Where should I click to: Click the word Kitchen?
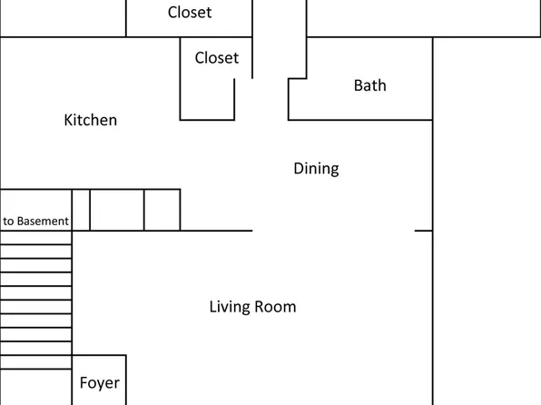pyautogui.click(x=90, y=120)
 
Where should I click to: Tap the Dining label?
pyautogui.click(x=316, y=169)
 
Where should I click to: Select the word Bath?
pyautogui.click(x=369, y=85)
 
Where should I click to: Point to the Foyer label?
pyautogui.click(x=99, y=383)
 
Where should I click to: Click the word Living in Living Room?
pyautogui.click(x=231, y=307)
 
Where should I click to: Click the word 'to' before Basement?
pyautogui.click(x=9, y=221)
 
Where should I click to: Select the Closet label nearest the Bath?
pyautogui.click(x=217, y=58)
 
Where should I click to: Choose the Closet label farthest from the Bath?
pyautogui.click(x=190, y=13)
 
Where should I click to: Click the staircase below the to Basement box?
pyautogui.click(x=35, y=300)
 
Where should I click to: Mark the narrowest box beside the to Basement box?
pyautogui.click(x=81, y=210)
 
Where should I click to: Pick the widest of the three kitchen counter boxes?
pyautogui.click(x=117, y=210)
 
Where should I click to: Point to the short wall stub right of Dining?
pyautogui.click(x=423, y=231)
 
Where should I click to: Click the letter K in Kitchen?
pyautogui.click(x=68, y=120)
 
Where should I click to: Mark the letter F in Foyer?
pyautogui.click(x=84, y=383)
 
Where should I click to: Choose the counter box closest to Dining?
pyautogui.click(x=162, y=210)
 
